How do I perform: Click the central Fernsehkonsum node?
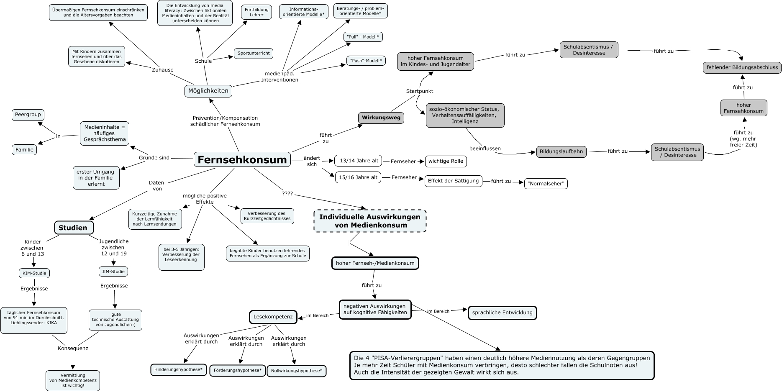click(x=242, y=159)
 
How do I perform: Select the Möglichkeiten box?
click(x=208, y=91)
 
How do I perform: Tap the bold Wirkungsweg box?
click(x=381, y=118)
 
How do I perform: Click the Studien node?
click(x=73, y=228)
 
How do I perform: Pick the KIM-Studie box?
click(x=34, y=273)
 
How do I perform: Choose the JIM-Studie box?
click(x=113, y=272)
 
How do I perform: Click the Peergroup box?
click(x=28, y=115)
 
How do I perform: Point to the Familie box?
click(x=24, y=150)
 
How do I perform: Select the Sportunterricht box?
click(x=254, y=53)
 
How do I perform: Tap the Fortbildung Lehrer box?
click(x=256, y=12)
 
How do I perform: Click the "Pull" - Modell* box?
click(x=363, y=37)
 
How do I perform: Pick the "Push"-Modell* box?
click(x=366, y=61)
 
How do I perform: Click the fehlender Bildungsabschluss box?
click(x=742, y=67)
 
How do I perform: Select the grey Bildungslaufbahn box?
click(x=561, y=151)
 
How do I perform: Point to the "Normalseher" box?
click(x=546, y=184)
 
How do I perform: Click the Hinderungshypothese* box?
click(x=178, y=370)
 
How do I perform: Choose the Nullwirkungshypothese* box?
click(x=296, y=371)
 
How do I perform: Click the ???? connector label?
click(x=287, y=194)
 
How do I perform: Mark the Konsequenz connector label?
click(x=73, y=348)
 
